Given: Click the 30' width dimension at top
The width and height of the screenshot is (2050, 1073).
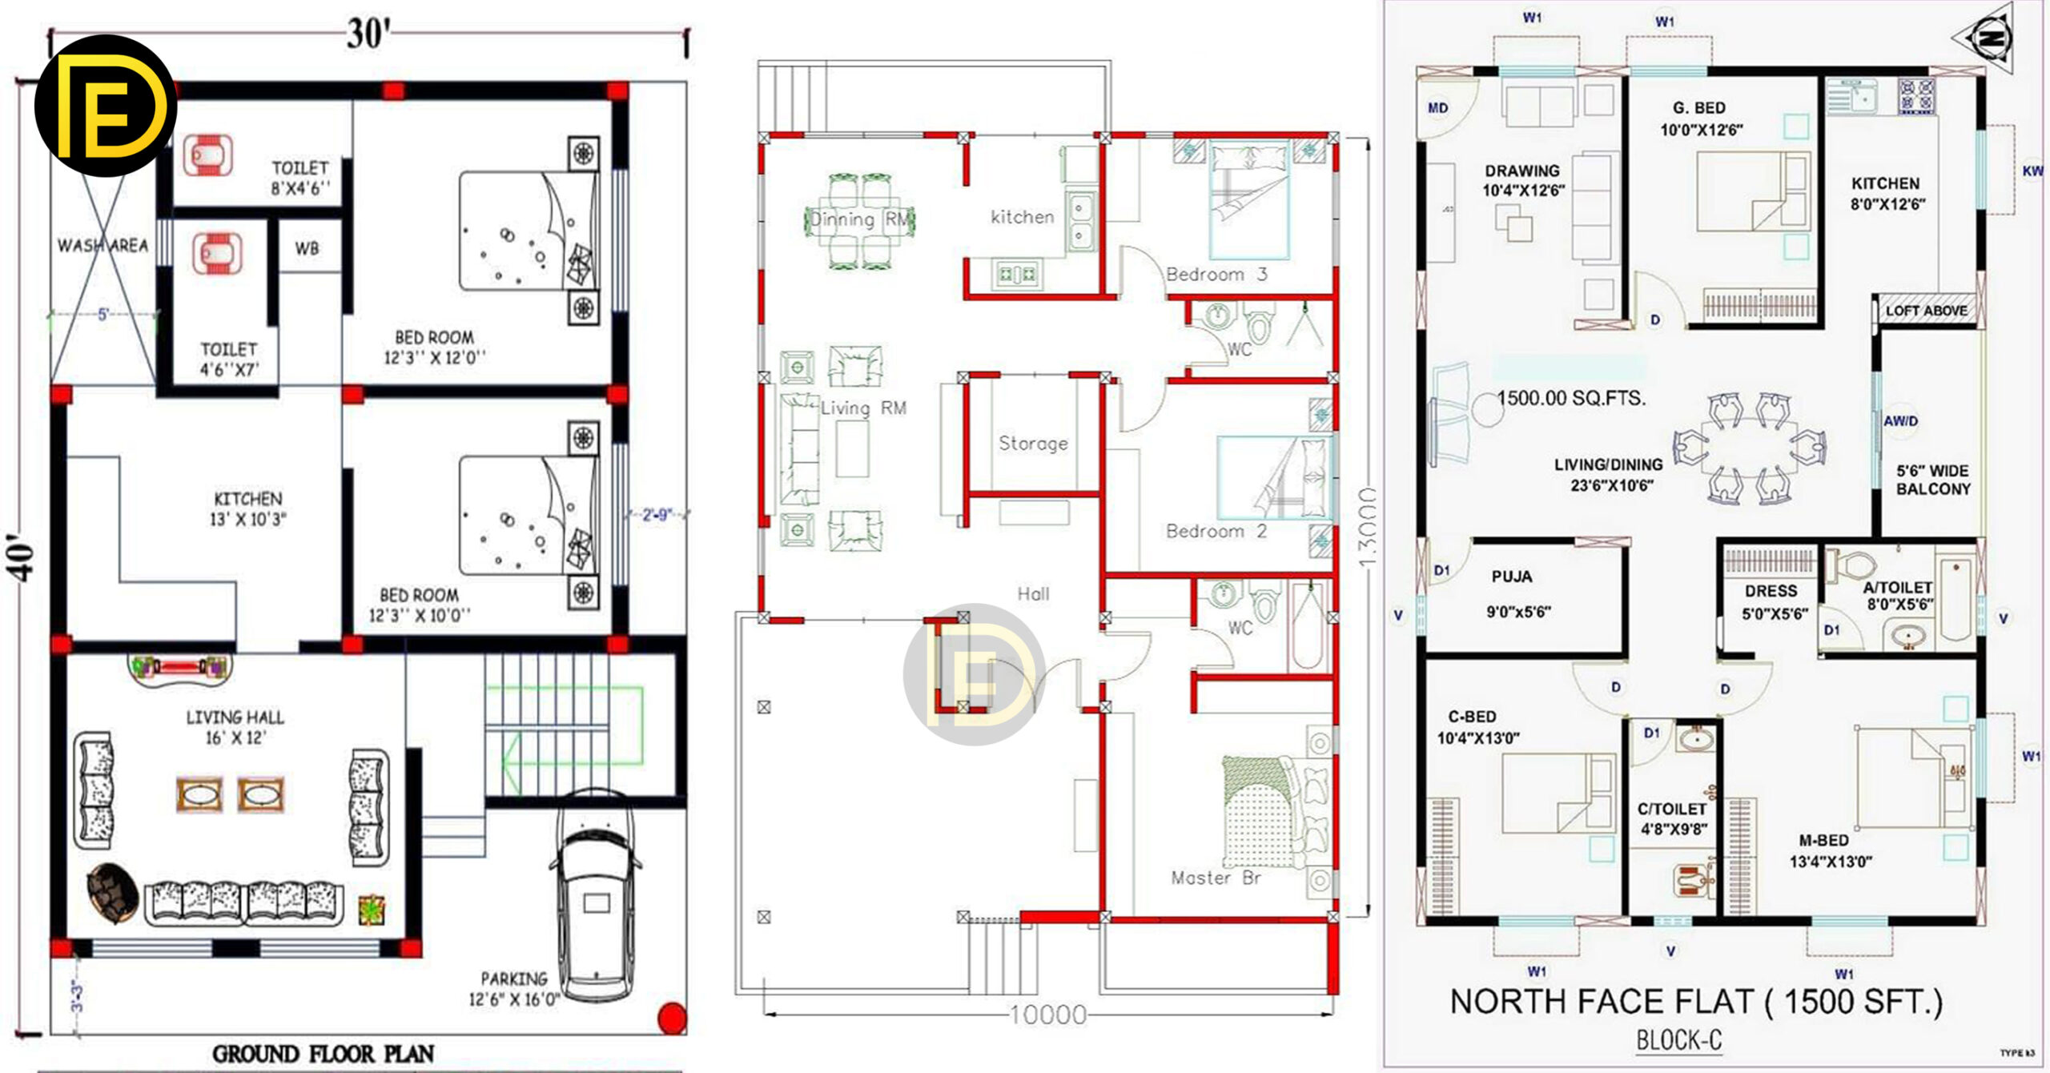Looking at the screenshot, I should (368, 34).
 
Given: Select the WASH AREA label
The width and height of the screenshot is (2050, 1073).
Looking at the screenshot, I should (102, 245).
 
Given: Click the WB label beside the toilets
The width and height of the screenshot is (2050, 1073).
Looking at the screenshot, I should (307, 249).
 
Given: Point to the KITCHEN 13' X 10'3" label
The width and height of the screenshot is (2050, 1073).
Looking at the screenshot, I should (248, 508).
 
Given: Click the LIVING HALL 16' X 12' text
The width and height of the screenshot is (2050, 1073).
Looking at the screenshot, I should (235, 726).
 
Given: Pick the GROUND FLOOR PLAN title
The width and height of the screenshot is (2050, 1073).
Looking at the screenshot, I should (323, 1053).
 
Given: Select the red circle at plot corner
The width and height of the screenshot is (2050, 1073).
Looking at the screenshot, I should (672, 1018).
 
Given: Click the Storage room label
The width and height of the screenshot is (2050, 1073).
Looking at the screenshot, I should (1033, 444).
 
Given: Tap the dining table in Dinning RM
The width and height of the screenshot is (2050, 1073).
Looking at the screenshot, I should (859, 221).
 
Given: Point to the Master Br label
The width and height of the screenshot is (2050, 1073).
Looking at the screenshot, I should (1216, 878).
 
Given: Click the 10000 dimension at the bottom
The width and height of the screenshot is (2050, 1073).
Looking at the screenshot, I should (1047, 1015).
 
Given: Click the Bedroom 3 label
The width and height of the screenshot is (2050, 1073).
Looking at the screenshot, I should (1216, 275).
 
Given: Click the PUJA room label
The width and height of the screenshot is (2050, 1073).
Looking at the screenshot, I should (1512, 577).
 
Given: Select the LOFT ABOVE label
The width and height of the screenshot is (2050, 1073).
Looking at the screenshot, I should (1926, 311).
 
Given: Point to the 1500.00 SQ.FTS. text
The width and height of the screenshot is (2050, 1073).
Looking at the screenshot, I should (1571, 398).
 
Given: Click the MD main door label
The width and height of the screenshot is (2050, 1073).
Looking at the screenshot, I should (1438, 108).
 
